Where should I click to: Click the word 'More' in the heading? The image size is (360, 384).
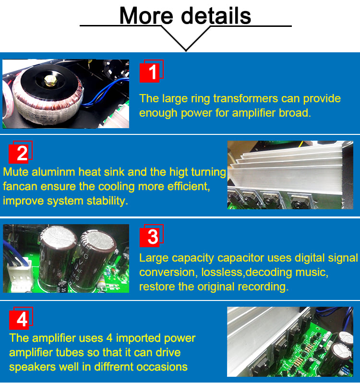(146, 16)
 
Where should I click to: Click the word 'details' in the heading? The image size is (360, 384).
(216, 16)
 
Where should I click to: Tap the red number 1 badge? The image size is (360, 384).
(151, 71)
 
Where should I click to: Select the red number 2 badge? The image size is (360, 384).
(21, 152)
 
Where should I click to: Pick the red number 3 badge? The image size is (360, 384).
(151, 236)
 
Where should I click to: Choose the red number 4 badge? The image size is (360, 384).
(21, 318)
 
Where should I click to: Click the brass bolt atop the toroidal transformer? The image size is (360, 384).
(50, 81)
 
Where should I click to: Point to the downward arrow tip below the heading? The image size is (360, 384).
(186, 50)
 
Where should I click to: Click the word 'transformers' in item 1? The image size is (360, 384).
(246, 99)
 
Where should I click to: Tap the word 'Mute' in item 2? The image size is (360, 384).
(16, 172)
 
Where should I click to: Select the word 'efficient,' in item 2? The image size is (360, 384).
(189, 187)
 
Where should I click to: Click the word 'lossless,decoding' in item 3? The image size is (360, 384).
(265, 273)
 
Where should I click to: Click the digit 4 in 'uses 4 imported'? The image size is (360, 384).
(109, 338)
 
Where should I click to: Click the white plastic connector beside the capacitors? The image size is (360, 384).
(20, 274)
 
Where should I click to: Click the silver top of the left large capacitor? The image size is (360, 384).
(59, 237)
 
